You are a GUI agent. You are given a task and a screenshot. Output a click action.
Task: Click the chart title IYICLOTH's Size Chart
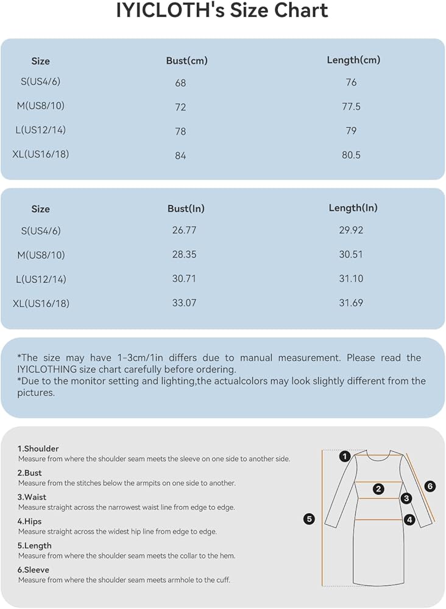222,12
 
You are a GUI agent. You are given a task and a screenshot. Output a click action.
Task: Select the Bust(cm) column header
186,61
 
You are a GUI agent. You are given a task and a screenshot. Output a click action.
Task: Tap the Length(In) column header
353,208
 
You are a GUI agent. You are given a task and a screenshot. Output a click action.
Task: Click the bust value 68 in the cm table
180,83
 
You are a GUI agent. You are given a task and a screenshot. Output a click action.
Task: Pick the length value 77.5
351,107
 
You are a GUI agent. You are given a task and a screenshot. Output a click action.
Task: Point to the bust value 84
180,155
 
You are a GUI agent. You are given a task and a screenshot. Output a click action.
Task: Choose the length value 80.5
351,155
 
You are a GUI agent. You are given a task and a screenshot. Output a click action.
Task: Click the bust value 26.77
184,230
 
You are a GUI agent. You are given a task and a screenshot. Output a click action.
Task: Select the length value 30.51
351,255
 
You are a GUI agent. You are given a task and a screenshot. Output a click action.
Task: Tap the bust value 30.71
184,279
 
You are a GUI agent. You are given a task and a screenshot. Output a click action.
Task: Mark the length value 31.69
351,303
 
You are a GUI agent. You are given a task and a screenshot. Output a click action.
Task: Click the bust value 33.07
184,303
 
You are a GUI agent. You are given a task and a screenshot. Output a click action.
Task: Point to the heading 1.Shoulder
38,449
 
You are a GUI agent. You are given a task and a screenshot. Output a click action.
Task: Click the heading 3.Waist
32,498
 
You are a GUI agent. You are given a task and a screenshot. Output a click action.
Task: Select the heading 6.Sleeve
33,570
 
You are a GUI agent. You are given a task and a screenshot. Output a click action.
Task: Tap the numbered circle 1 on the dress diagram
345,456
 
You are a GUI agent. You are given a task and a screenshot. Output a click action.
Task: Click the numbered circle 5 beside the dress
310,519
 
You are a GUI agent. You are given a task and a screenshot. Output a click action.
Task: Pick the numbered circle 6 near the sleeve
430,486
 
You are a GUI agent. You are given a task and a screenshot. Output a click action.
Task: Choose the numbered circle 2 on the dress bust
378,488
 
